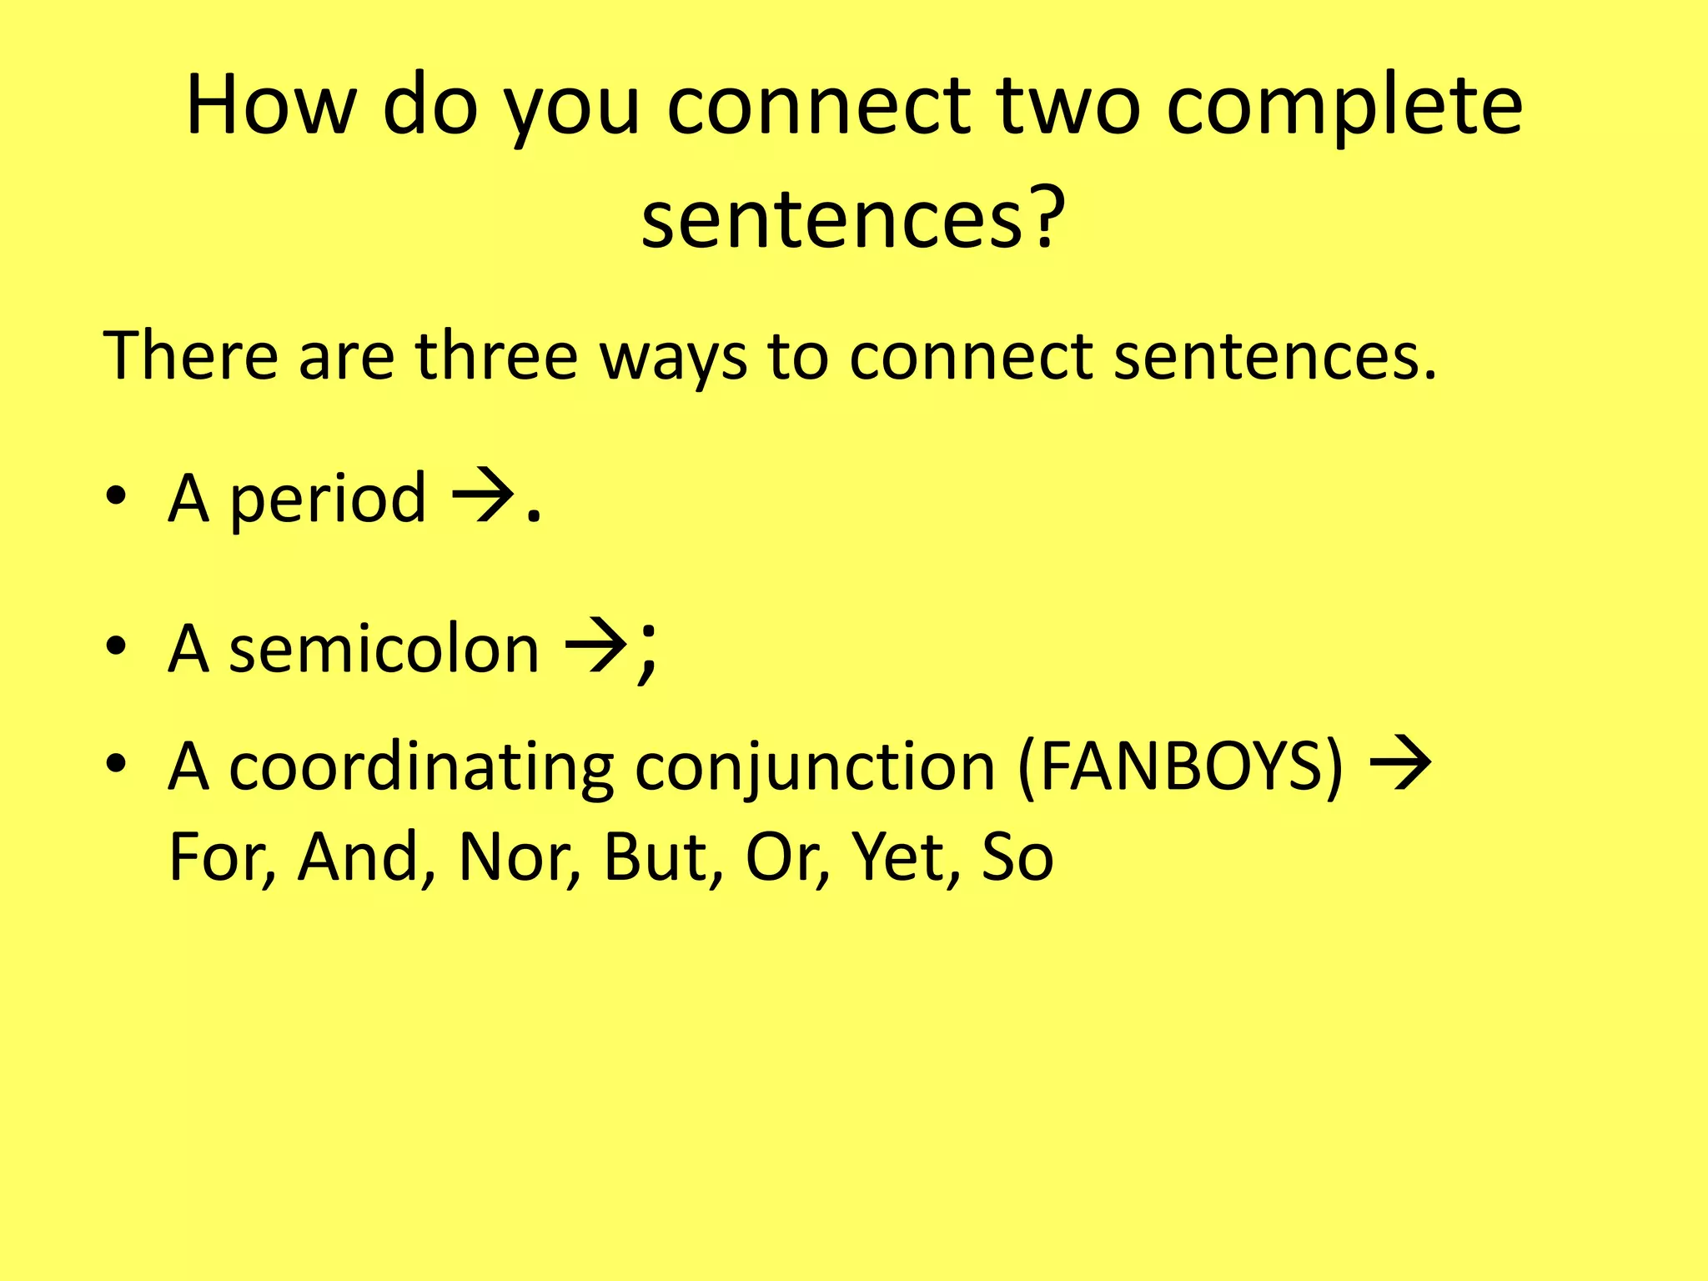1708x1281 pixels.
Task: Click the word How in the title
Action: [271, 106]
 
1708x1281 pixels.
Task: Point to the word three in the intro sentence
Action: [496, 356]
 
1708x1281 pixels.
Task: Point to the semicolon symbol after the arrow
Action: [647, 652]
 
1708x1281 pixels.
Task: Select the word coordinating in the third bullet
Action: [421, 767]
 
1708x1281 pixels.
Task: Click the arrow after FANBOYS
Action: [1402, 763]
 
